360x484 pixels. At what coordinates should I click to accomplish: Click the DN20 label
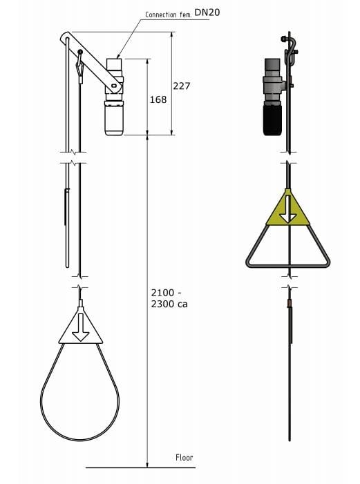[x=207, y=12]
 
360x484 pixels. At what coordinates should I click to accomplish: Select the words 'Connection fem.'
[x=169, y=14]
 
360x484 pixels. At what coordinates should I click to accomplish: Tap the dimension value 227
[x=182, y=86]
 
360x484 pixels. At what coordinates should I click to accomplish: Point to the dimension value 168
[x=158, y=99]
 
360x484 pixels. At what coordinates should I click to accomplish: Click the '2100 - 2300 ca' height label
[x=169, y=298]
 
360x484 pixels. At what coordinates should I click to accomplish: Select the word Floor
[x=184, y=458]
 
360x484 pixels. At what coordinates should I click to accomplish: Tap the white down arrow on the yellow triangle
[x=288, y=209]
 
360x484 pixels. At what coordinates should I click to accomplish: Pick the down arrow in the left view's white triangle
[x=81, y=327]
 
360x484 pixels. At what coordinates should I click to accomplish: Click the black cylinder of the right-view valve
[x=272, y=120]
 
